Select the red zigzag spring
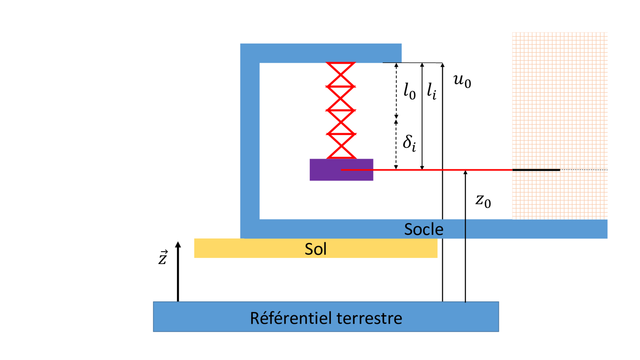pyautogui.click(x=341, y=110)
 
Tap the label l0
pyautogui.click(x=409, y=91)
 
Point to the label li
pyautogui.click(x=432, y=91)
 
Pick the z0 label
pyautogui.click(x=483, y=200)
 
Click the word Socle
pyautogui.click(x=424, y=229)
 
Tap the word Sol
pyautogui.click(x=315, y=249)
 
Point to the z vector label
pyautogui.click(x=163, y=257)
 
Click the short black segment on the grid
pyautogui.click(x=536, y=170)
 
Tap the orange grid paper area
pyautogui.click(x=559, y=109)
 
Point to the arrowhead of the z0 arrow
pyautogui.click(x=465, y=172)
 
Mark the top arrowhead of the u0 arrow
pyautogui.click(x=443, y=65)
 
